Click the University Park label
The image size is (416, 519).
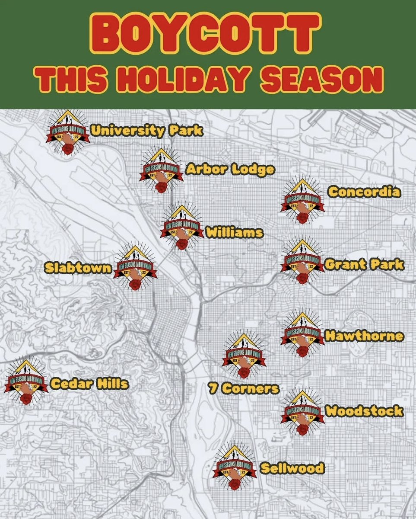coord(146,131)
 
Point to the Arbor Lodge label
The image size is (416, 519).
coord(230,169)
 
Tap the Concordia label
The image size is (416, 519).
coord(364,192)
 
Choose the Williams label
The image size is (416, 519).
coord(234,232)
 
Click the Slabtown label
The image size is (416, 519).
coord(78,268)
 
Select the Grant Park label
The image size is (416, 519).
coord(364,264)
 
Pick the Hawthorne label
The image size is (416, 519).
coord(364,336)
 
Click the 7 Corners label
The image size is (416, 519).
coord(244,388)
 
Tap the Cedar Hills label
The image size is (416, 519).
coord(89,383)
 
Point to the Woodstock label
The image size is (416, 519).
coord(364,410)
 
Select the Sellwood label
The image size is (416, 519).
coord(292,468)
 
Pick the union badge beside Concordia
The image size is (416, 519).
coord(302,200)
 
